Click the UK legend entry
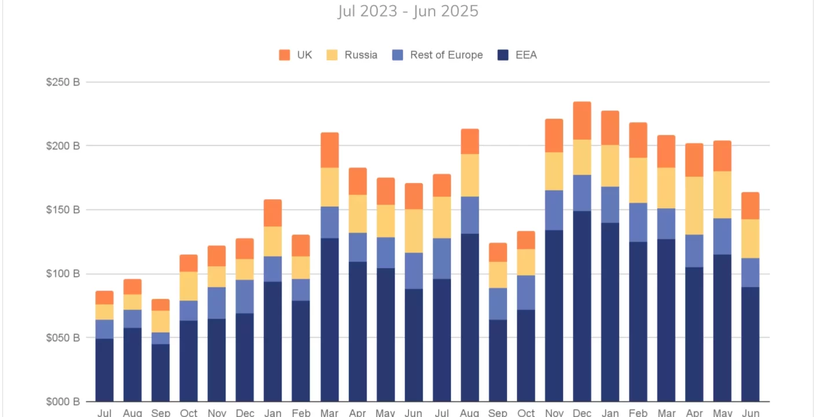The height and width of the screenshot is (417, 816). point(296,55)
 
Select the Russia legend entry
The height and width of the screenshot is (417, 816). point(353,55)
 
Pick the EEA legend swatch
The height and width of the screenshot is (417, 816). point(503,55)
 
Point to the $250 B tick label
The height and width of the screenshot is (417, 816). point(63,82)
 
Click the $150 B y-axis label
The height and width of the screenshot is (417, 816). point(63,210)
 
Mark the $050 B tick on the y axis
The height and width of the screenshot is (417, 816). point(63,338)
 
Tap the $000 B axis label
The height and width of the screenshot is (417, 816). point(63,401)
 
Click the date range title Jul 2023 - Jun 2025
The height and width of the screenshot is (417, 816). point(408,11)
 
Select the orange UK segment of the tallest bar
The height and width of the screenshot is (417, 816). point(582,120)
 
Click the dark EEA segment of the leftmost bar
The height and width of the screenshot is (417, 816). point(105,370)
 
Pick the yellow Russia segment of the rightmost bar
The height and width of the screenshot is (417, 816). point(750,239)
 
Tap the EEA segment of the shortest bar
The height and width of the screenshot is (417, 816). point(160,372)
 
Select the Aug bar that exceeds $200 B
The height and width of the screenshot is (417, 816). point(469,261)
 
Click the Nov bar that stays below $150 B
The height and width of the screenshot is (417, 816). point(216,324)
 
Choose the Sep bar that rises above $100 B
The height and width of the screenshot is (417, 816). point(498,324)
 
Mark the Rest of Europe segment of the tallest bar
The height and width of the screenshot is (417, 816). point(582,193)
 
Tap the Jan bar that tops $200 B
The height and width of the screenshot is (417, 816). point(610,255)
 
